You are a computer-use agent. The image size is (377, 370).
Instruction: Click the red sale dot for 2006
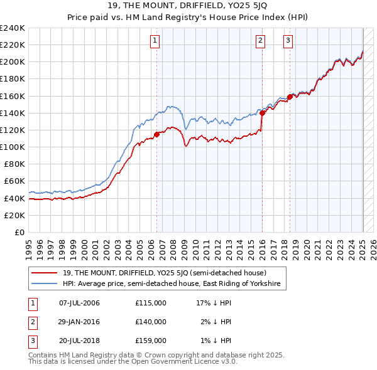coord(156,134)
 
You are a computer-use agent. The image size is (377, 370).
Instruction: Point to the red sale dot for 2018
coord(290,97)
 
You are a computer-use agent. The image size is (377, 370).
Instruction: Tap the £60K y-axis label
coord(14,181)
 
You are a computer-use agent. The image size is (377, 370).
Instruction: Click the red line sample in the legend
coord(45,273)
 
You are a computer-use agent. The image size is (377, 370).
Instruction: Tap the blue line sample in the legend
coord(45,284)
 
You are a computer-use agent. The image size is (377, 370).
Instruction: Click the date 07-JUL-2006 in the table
coord(79,303)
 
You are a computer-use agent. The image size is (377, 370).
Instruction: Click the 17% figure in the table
coord(203,303)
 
